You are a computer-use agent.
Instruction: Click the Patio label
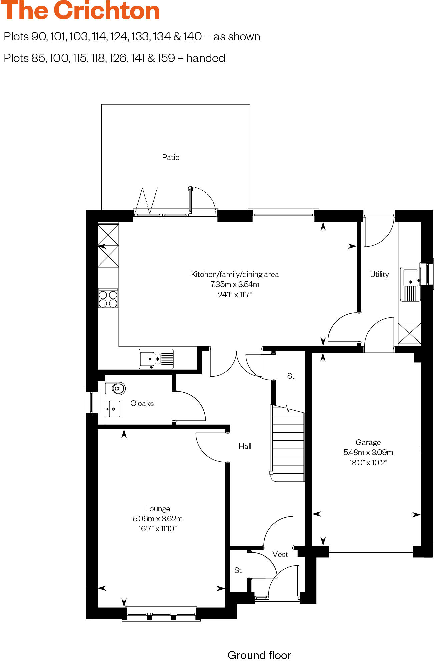tap(171, 157)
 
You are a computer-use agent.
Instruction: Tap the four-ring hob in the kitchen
tap(108, 298)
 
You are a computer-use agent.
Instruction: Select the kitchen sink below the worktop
tap(156, 359)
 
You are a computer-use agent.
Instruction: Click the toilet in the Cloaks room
tap(115, 388)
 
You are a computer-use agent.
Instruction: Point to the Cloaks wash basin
tap(113, 409)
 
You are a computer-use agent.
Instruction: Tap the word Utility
tap(379, 274)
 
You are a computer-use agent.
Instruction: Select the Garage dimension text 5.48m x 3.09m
tap(368, 452)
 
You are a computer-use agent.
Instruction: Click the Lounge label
tap(158, 509)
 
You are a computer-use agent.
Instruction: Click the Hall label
tap(245, 446)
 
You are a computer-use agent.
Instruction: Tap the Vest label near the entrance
tap(280, 554)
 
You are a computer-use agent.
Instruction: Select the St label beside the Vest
tap(238, 570)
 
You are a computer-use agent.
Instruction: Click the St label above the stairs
tap(291, 376)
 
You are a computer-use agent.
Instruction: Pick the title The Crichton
tap(80, 11)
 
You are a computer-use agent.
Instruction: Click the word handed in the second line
tap(205, 58)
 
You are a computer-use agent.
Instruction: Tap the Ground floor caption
tap(259, 655)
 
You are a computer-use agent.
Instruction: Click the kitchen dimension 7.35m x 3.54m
tap(235, 284)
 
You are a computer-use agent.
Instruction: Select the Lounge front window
tap(161, 614)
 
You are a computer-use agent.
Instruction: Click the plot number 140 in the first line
tap(192, 37)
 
